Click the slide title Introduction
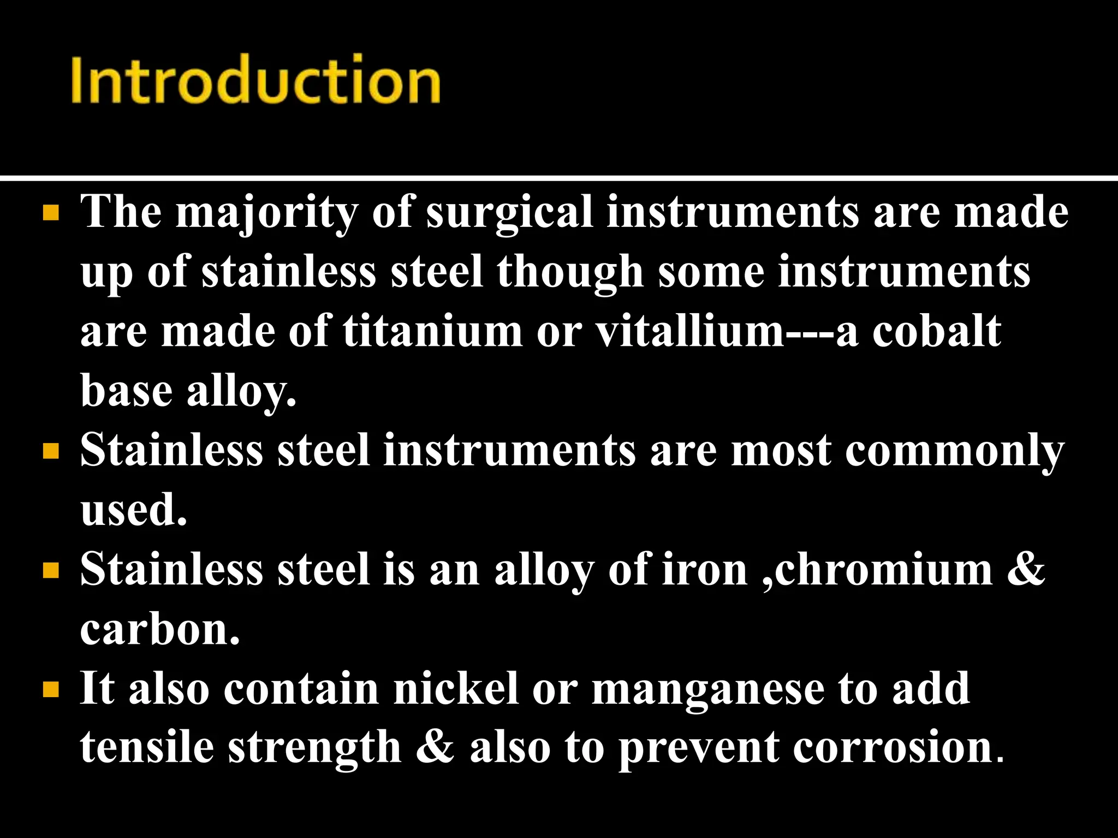click(255, 80)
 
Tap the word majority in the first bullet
click(266, 212)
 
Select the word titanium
click(432, 331)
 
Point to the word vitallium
click(689, 331)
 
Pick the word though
click(570, 272)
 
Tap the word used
click(133, 510)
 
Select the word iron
click(705, 570)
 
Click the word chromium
click(883, 570)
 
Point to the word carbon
click(159, 630)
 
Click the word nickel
click(456, 689)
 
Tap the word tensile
click(147, 747)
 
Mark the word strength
click(314, 747)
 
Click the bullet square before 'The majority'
click(51, 213)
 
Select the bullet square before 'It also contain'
click(51, 690)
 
